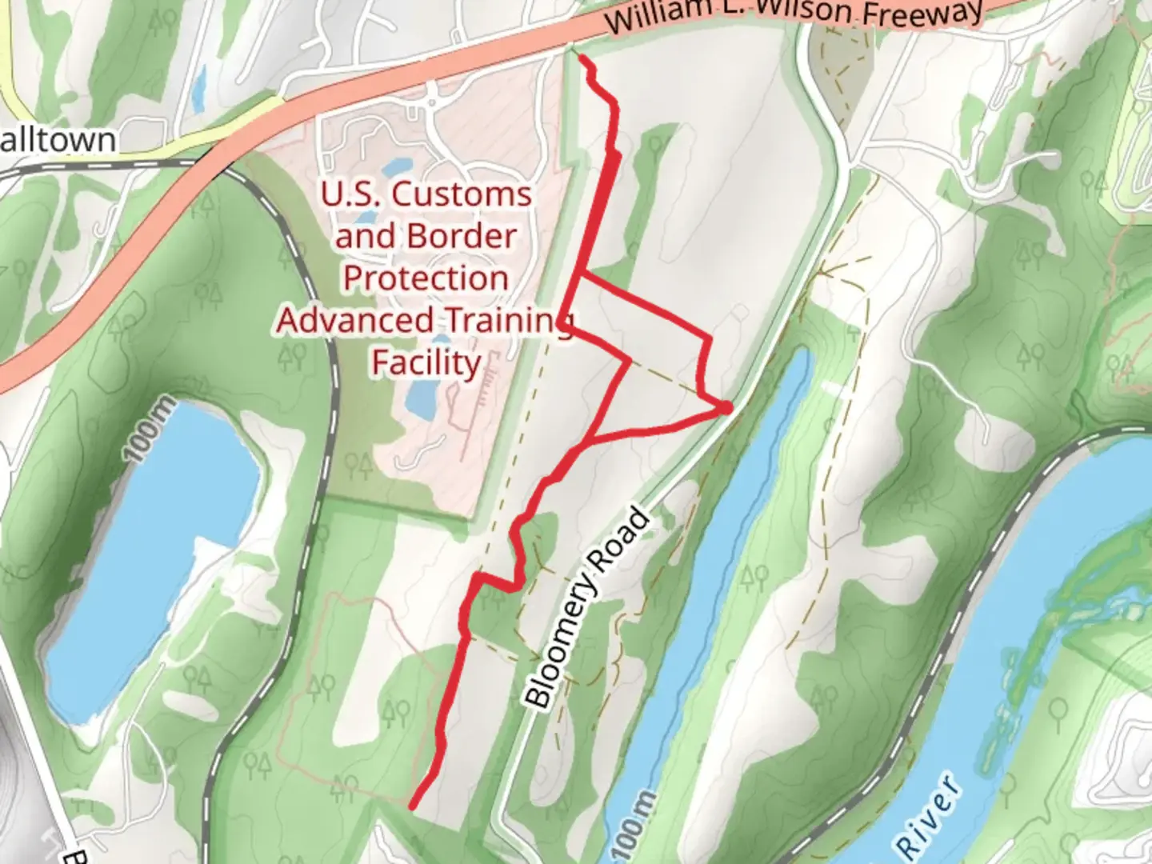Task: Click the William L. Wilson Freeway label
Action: (792, 14)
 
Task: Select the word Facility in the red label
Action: (426, 362)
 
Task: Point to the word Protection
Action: (426, 278)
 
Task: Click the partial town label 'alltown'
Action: (58, 141)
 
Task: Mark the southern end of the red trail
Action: (412, 806)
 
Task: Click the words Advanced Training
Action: (424, 320)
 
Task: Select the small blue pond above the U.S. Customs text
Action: (398, 168)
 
